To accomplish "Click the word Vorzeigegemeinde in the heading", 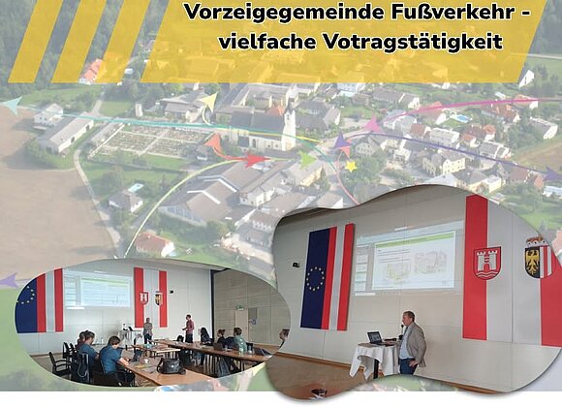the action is (x=281, y=13).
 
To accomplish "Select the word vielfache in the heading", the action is (x=267, y=42).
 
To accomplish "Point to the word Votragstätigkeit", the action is (x=413, y=43).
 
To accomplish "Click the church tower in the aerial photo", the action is (x=289, y=126).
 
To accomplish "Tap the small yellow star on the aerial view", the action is (x=351, y=166).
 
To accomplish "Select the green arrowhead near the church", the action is (x=307, y=159).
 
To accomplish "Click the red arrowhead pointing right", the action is (x=256, y=159).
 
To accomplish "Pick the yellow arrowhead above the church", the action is (x=208, y=101).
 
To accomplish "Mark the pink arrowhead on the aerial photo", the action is (x=373, y=124).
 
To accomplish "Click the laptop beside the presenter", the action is (x=375, y=338).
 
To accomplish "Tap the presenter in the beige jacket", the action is (x=412, y=342).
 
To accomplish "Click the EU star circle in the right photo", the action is (x=316, y=279).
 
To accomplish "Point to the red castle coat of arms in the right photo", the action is (x=487, y=263).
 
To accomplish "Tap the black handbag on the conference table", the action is (x=171, y=365).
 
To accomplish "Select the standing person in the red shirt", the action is (x=189, y=329).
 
